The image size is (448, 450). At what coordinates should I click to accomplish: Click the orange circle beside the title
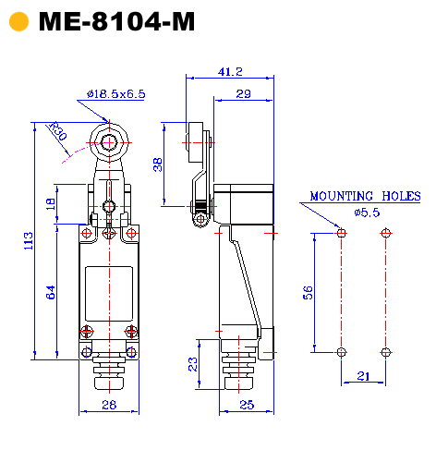[x=18, y=21]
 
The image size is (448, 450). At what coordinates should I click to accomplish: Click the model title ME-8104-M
[x=116, y=21]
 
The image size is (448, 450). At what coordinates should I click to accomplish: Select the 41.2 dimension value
[x=230, y=72]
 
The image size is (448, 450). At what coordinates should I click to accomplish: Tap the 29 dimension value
[x=243, y=93]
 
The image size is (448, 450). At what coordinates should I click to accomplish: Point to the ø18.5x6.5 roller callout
[x=116, y=93]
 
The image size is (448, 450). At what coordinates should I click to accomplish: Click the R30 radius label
[x=58, y=131]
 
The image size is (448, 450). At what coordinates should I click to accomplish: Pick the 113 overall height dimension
[x=29, y=241]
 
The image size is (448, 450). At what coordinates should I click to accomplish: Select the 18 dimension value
[x=51, y=204]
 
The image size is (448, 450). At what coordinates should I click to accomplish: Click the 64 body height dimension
[x=51, y=292]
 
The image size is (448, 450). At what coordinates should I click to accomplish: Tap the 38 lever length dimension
[x=158, y=164]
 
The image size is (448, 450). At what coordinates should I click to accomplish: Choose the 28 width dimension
[x=109, y=405]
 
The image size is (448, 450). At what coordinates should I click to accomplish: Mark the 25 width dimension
[x=247, y=405]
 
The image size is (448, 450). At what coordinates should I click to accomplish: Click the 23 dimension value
[x=192, y=364]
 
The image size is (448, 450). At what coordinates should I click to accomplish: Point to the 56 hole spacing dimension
[x=308, y=293]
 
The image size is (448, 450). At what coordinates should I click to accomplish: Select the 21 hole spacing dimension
[x=363, y=376]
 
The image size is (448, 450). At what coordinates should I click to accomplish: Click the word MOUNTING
[x=341, y=196]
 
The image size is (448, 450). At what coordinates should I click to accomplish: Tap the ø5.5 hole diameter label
[x=367, y=213]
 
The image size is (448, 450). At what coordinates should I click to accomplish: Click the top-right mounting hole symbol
[x=385, y=233]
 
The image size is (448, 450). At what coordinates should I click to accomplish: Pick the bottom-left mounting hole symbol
[x=341, y=352]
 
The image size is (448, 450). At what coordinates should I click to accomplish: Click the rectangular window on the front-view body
[x=109, y=294]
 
